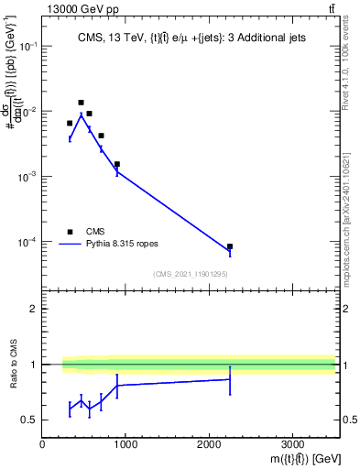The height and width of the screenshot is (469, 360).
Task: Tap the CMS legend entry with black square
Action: pos(82,232)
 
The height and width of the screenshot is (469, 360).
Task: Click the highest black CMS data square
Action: pos(81,103)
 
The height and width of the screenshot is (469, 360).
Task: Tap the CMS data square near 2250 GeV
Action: pos(230,246)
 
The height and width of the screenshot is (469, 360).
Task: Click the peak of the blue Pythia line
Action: pos(81,115)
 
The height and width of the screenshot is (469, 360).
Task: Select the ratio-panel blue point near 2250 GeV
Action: pos(230,379)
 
